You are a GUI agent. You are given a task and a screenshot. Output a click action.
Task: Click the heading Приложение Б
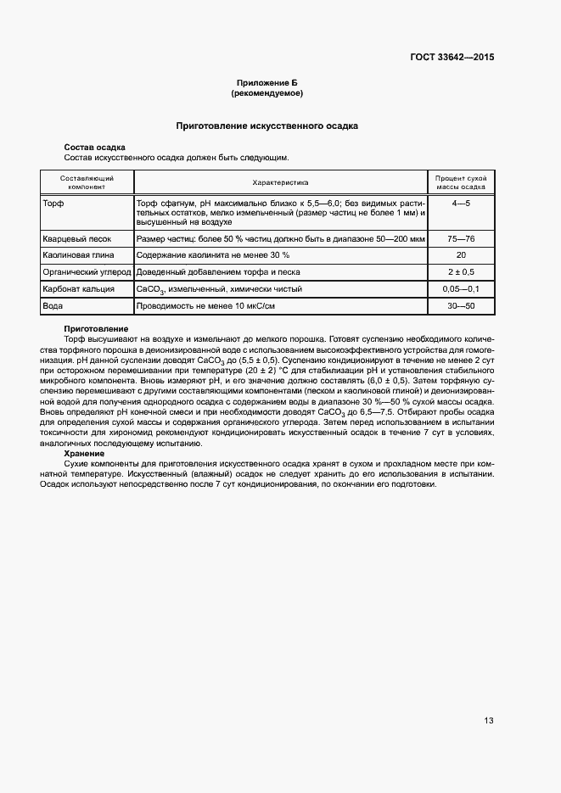[x=266, y=82]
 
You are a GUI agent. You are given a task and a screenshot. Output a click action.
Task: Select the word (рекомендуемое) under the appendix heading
[x=266, y=92]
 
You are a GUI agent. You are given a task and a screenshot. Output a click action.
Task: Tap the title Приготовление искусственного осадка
[x=266, y=126]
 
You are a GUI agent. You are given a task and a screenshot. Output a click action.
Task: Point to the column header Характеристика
[x=280, y=182]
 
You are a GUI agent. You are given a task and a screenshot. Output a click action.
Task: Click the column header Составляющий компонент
[x=87, y=182]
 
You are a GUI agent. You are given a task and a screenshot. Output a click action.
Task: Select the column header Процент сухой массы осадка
[x=461, y=182]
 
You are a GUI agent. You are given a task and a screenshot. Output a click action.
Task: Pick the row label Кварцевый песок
[x=77, y=239]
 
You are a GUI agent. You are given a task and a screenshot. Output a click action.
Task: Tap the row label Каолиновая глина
[x=79, y=255]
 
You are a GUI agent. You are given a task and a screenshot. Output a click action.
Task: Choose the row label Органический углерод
[x=87, y=272]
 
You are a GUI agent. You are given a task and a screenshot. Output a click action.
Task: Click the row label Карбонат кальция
[x=79, y=289]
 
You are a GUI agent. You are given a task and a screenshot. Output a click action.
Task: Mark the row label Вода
[x=54, y=305]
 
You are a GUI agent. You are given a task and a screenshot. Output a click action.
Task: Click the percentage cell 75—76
[x=461, y=239]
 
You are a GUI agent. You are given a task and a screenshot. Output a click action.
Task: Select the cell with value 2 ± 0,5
[x=461, y=272]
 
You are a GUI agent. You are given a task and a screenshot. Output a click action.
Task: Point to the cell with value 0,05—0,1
[x=461, y=289]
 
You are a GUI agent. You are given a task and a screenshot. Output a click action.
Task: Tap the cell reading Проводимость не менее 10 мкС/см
[x=218, y=305]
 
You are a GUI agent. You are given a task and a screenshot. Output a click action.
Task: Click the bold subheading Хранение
[x=85, y=453]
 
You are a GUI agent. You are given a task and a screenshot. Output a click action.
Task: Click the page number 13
[x=489, y=721]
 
